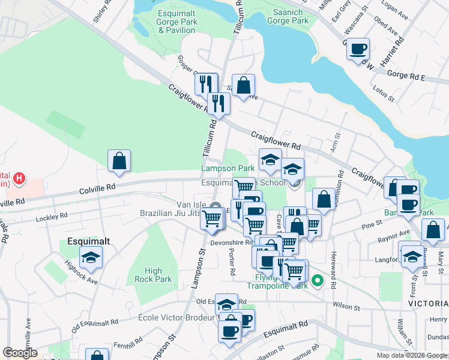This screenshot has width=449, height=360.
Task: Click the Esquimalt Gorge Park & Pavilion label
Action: (177, 22)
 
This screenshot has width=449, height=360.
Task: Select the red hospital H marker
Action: (19, 178)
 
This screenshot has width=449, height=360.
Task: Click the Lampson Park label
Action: (228, 169)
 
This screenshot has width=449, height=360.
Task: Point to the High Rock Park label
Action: (153, 275)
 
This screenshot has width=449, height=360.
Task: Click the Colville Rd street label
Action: (97, 188)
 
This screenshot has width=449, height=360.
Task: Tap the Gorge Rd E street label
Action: (406, 77)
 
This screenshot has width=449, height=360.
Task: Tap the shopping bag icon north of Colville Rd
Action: (119, 161)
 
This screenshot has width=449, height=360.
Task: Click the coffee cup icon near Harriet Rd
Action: (358, 49)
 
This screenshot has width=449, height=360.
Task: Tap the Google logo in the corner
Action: (20, 353)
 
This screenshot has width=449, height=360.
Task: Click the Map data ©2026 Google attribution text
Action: (412, 355)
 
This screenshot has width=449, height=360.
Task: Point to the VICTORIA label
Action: (428, 304)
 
